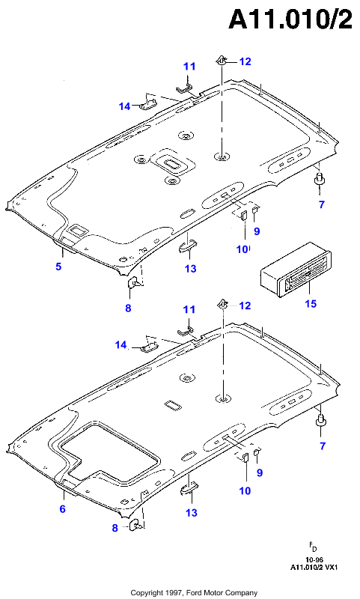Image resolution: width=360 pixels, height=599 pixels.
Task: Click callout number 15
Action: pos(311,303)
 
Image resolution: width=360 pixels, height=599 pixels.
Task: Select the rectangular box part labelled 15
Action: pos(296,270)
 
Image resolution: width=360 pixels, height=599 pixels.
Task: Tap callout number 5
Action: pos(58,267)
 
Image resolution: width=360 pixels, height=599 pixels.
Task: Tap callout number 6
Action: pos(63,509)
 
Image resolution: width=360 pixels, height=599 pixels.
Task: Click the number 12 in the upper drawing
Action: pos(245,61)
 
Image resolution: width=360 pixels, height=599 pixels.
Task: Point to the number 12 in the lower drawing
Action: pos(245,305)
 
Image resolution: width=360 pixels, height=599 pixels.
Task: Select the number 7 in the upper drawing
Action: pos(322,204)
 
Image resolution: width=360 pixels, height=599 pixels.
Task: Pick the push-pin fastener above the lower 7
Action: pos(320,419)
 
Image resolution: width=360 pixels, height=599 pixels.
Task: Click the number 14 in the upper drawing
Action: pos(124,106)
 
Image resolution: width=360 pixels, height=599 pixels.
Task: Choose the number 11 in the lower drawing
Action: pos(189,309)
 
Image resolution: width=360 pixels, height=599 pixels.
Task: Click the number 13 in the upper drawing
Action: pos(191,269)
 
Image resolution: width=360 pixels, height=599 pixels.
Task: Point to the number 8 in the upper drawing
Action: pos(128,308)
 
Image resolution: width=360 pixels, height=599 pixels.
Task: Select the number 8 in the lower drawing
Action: pos(115,528)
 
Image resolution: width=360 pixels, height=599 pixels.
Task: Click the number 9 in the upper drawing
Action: pos(257,231)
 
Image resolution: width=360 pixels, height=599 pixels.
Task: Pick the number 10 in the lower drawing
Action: pos(245,491)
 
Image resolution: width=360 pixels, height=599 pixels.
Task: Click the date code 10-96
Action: pos(314,560)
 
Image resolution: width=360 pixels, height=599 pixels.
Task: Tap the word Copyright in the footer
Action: pos(147,593)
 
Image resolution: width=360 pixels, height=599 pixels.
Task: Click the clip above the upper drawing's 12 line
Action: pos(222,60)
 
